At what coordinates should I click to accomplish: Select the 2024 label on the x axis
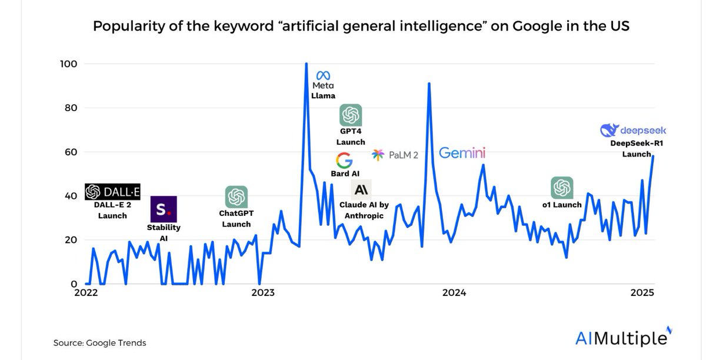(454, 292)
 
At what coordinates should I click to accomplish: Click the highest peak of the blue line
(306, 64)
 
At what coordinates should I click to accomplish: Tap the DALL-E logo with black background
(112, 192)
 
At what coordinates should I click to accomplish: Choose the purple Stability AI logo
(163, 209)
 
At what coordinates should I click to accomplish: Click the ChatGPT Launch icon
(236, 197)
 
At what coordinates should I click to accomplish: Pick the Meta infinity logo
(324, 76)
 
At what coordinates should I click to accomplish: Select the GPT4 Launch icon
(351, 115)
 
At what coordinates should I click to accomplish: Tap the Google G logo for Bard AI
(344, 161)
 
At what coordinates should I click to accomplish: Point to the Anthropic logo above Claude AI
(361, 189)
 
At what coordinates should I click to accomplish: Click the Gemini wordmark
(462, 153)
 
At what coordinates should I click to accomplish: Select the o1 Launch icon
(562, 188)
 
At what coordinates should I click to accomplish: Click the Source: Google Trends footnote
(99, 342)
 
